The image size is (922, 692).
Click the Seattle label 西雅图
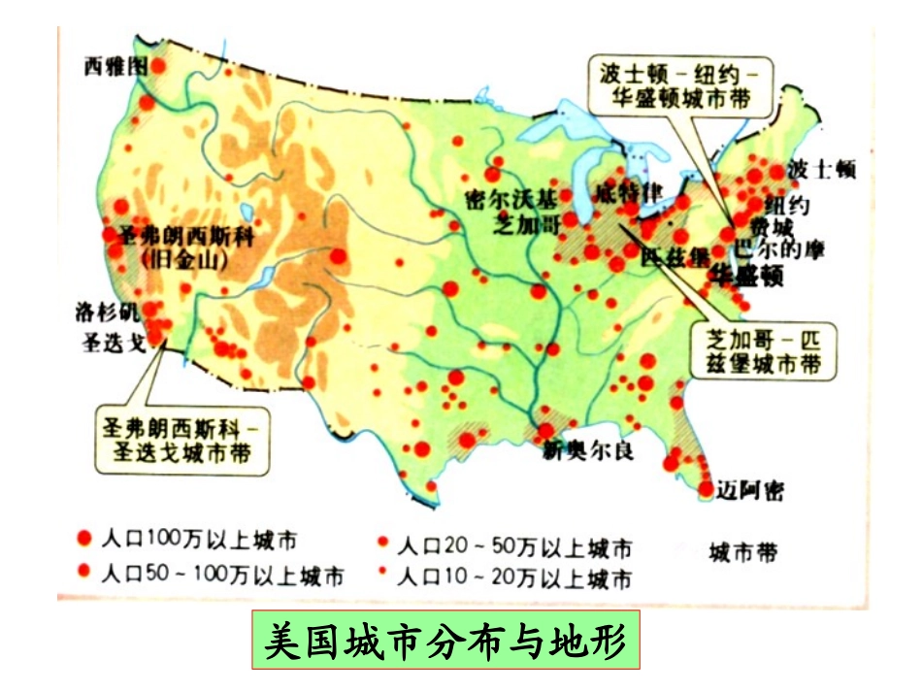[x=115, y=66]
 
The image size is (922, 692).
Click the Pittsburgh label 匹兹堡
[x=670, y=256]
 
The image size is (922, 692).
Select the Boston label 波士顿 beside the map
[x=822, y=168]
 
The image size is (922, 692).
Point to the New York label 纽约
[x=787, y=206]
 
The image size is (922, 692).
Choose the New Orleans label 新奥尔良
[x=588, y=450]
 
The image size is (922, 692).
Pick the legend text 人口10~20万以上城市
[x=515, y=579]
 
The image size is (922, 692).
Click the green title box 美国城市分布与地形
[x=447, y=641]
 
